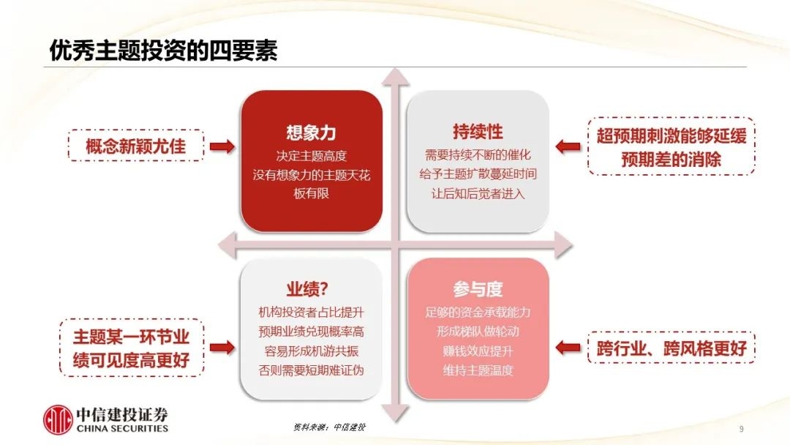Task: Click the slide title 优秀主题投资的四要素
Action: (163, 51)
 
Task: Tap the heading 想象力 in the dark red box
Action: (311, 132)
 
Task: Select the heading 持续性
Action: (478, 132)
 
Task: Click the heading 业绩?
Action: (307, 289)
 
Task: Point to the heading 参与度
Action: (478, 289)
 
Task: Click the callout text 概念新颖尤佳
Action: (135, 146)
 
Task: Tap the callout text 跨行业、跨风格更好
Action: (671, 348)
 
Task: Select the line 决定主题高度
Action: (312, 156)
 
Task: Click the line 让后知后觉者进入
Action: (478, 193)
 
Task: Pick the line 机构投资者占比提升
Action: (311, 313)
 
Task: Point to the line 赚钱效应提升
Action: (478, 351)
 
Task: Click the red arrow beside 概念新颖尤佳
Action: (222, 146)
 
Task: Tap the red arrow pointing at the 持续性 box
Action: (568, 146)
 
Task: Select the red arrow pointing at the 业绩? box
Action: (222, 347)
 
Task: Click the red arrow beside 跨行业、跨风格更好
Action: (568, 347)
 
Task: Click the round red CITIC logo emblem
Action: (58, 420)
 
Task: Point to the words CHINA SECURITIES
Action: (122, 428)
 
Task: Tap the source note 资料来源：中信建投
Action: (329, 427)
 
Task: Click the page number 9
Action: (741, 429)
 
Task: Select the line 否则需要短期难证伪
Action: (311, 370)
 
